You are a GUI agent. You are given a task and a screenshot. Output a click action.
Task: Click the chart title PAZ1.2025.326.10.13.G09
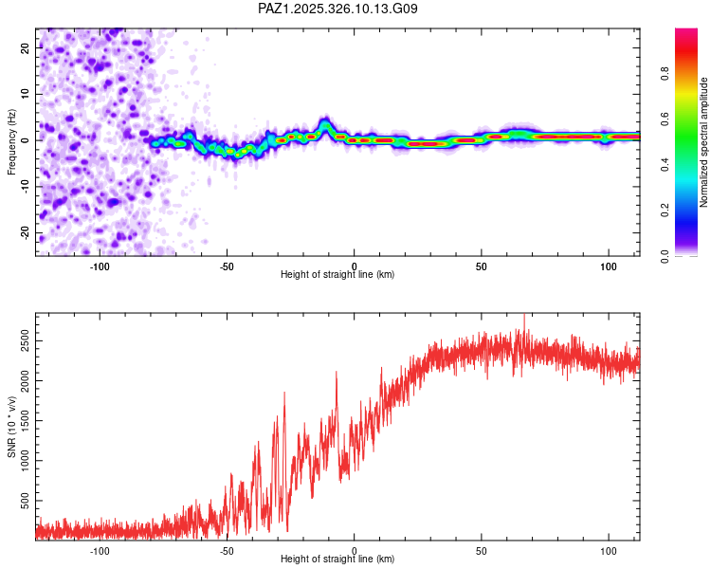coord(338,9)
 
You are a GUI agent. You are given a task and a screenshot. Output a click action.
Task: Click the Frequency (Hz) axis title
coord(11,141)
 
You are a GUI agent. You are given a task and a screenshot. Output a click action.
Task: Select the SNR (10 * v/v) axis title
coord(11,425)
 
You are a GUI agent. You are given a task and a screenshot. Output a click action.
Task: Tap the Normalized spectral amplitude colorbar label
coord(703,142)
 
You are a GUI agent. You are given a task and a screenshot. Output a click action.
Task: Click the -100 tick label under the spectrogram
coord(100,266)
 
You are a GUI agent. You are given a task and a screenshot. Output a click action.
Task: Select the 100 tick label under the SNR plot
coord(608,551)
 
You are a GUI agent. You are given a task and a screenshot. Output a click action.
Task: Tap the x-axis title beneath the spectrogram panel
coord(337,275)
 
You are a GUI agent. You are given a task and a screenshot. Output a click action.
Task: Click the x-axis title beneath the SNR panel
coord(337,560)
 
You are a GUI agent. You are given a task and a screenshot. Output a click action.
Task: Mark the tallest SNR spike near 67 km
coord(524,317)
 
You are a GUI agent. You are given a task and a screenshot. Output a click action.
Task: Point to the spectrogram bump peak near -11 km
coord(325,121)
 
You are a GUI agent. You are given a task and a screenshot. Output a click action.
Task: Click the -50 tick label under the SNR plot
coord(227,551)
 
